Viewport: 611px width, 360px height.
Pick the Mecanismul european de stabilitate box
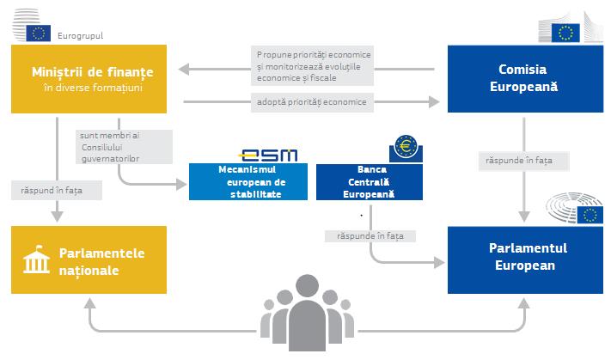pyautogui.click(x=247, y=182)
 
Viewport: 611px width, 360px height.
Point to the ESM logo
pyautogui.click(x=269, y=155)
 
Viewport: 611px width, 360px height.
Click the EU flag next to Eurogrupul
pyautogui.click(x=39, y=34)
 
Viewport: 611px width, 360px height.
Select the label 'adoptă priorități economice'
pyautogui.click(x=311, y=102)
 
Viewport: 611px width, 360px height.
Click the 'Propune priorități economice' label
pyautogui.click(x=314, y=66)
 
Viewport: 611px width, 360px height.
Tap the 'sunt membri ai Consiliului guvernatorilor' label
pyautogui.click(x=110, y=147)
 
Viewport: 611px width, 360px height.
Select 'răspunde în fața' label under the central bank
pyautogui.click(x=370, y=235)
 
